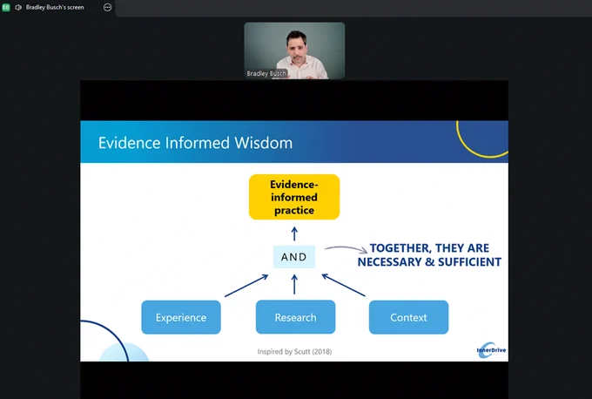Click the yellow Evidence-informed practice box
[294, 197]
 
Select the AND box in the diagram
[294, 257]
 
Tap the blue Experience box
[181, 317]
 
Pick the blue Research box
[295, 317]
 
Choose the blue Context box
[408, 317]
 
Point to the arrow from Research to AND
[294, 284]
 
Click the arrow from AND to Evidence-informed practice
[294, 232]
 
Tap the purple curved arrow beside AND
[340, 250]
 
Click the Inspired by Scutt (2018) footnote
[294, 352]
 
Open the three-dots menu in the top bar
[107, 7]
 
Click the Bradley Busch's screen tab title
[55, 7]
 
